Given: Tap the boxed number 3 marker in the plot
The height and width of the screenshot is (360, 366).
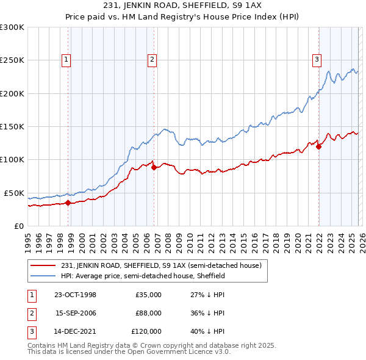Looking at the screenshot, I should (x=317, y=59).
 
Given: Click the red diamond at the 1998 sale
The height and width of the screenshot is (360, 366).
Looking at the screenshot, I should (x=68, y=203).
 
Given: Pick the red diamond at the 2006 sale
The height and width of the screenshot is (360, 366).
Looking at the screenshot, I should (x=154, y=168).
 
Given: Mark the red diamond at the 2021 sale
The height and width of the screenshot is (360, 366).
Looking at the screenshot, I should (x=318, y=146).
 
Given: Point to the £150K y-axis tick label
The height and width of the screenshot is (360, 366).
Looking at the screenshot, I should (x=12, y=127).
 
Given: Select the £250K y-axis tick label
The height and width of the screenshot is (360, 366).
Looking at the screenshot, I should (x=12, y=60).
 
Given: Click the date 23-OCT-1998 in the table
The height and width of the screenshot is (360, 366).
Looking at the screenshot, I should (x=76, y=295).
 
